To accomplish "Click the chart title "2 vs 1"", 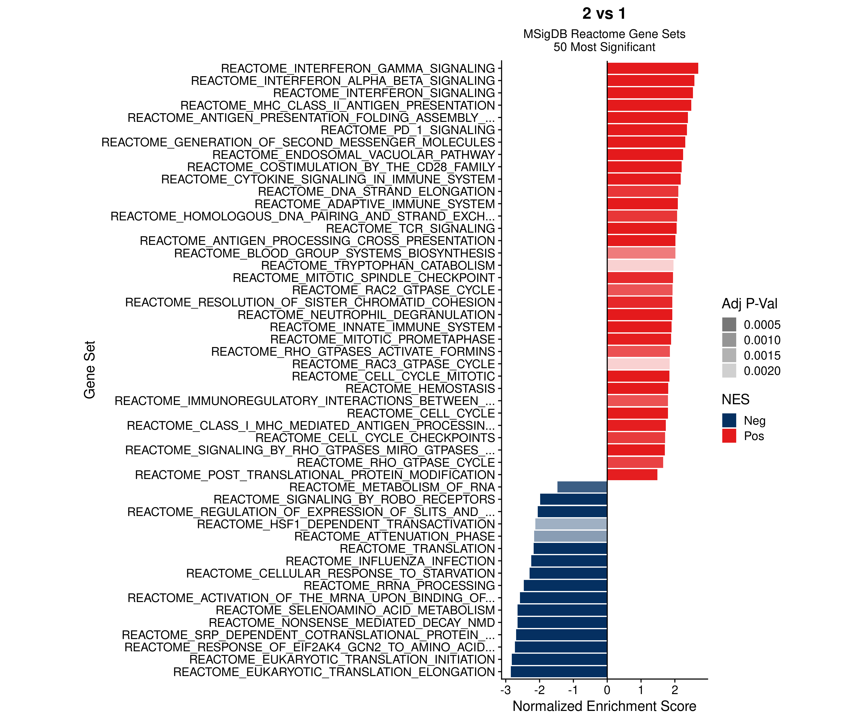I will coord(604,14).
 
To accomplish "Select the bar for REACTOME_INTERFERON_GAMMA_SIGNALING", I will coord(652,68).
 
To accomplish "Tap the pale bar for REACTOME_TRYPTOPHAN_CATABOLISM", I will coord(640,265).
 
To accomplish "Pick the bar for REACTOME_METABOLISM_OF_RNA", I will coord(582,487).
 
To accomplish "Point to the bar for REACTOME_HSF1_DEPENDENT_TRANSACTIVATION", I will coord(571,524).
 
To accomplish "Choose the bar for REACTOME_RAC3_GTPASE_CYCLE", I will coord(638,364).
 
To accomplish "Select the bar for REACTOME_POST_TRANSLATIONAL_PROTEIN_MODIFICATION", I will coord(632,475).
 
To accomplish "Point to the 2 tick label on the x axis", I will coord(675,690).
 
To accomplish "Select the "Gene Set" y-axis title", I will coord(89,370).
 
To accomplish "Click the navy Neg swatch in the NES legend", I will coord(729,421).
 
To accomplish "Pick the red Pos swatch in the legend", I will coord(729,436).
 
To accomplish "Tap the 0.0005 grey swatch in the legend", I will coord(729,325).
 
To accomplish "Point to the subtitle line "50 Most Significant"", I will coord(604,47).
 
